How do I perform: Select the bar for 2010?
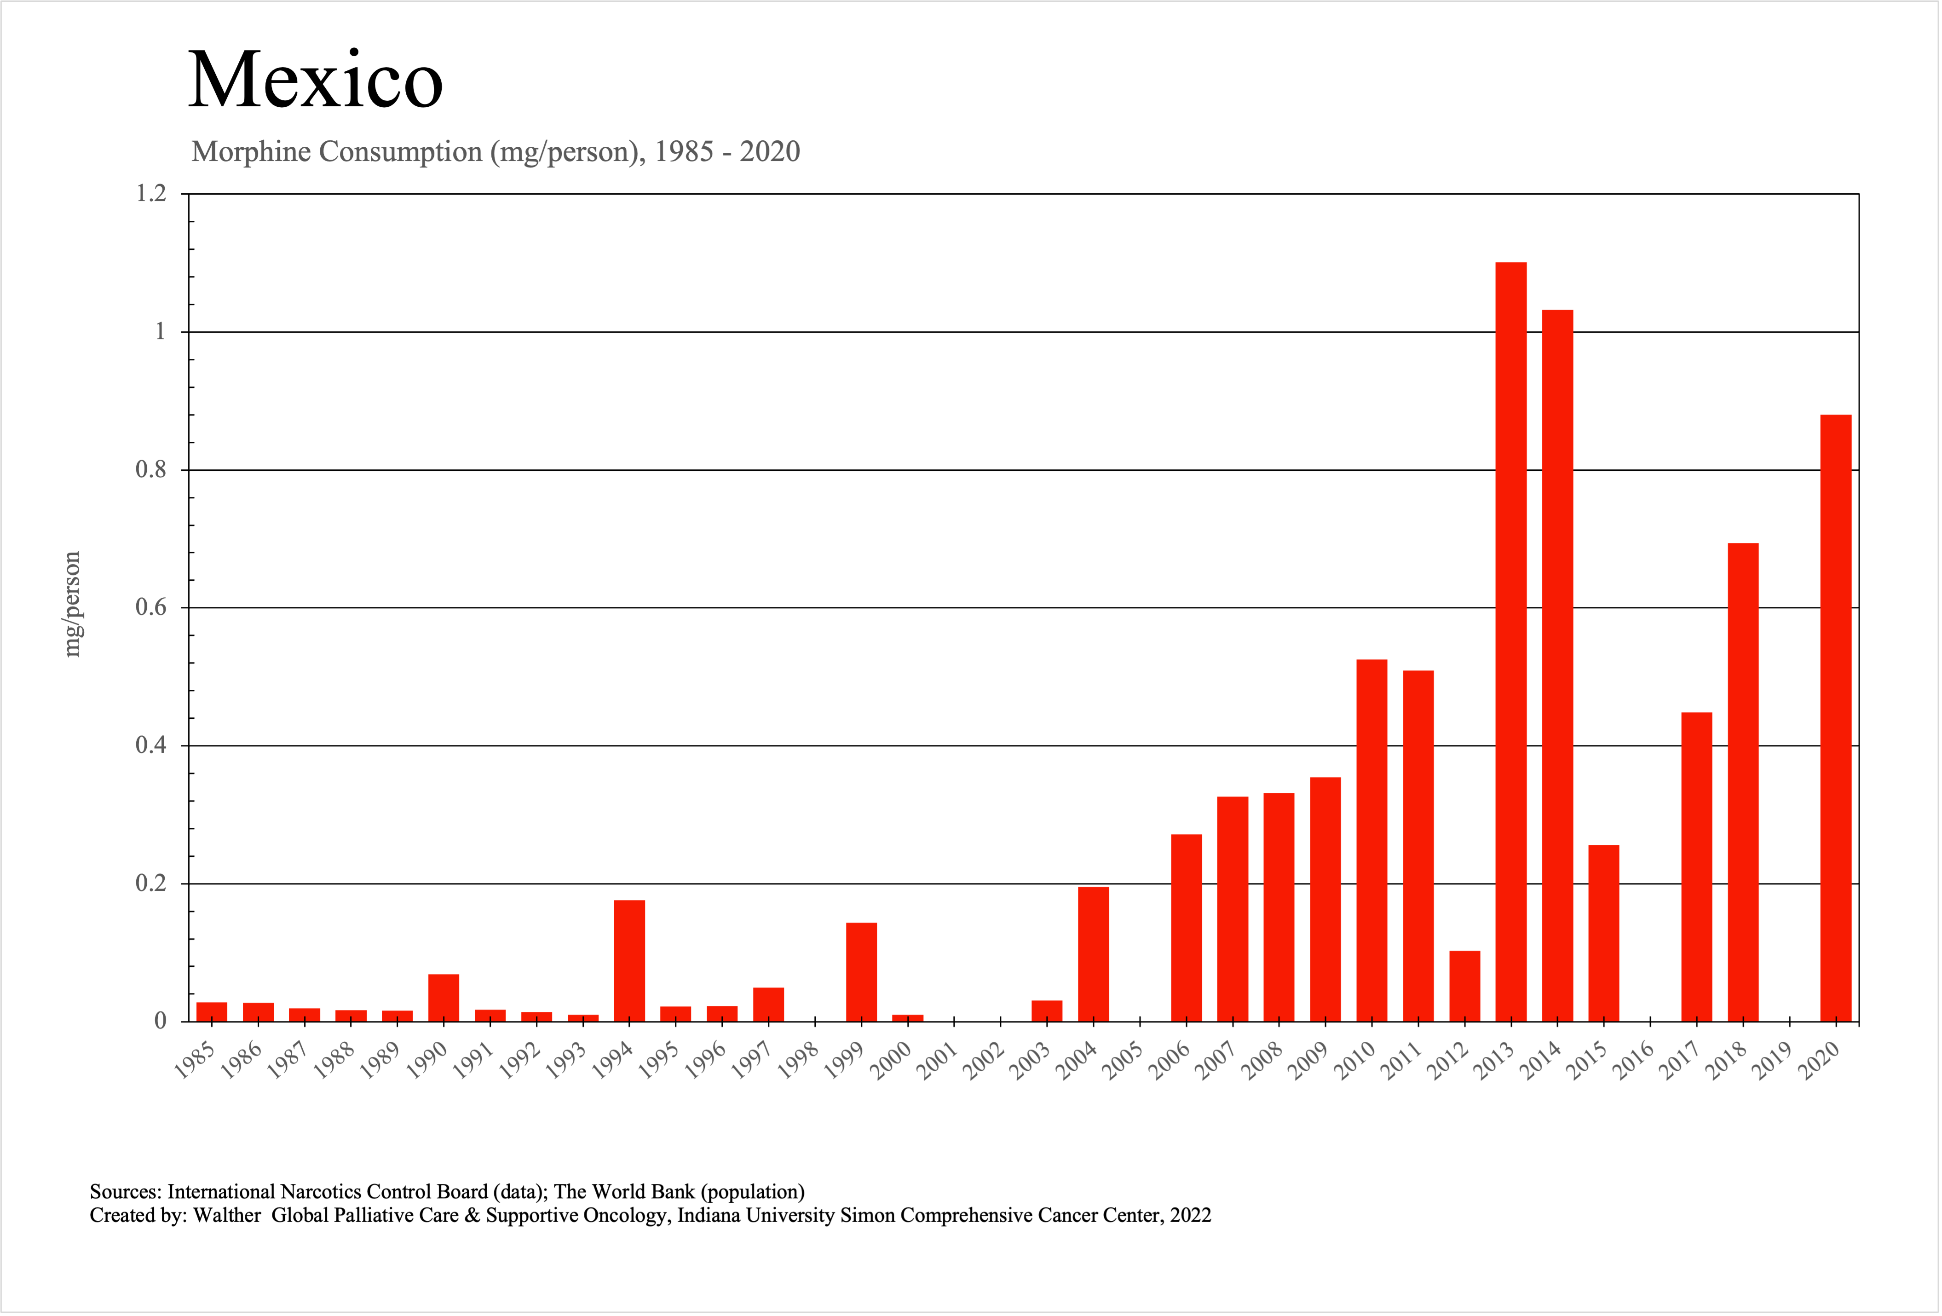pos(1372,840)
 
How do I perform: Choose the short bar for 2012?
pos(1465,986)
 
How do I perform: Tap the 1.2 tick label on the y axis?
pos(151,194)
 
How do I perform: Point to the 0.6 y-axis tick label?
pos(151,607)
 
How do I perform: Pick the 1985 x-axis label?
pos(195,1061)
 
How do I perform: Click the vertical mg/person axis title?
pos(73,604)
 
